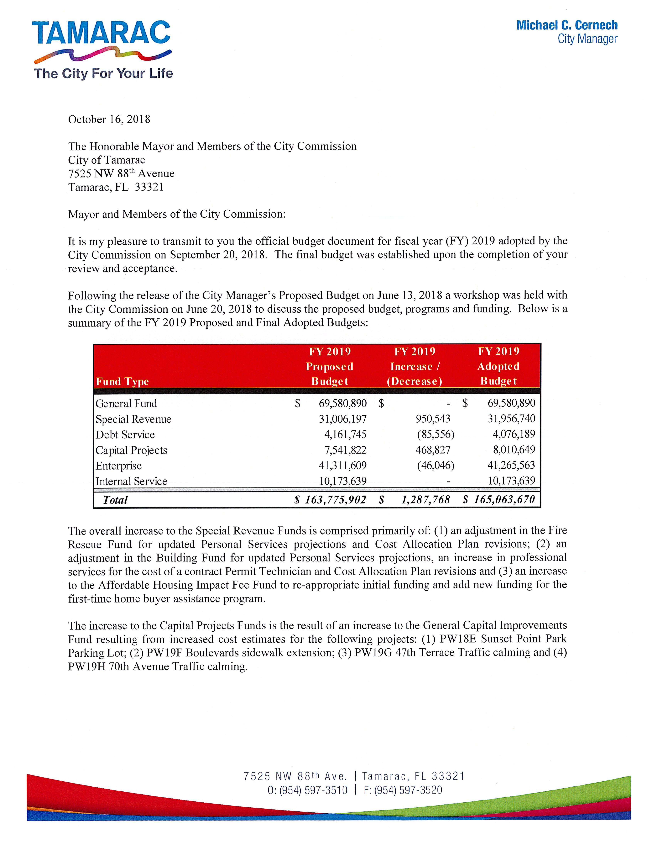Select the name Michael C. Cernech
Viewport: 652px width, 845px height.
click(567, 25)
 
